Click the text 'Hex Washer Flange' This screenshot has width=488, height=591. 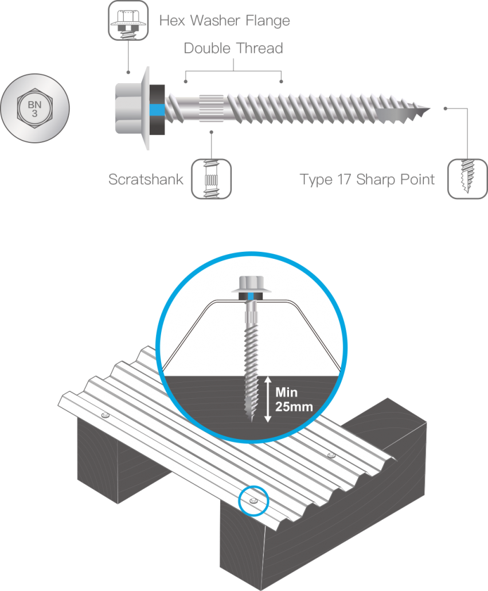[x=224, y=22]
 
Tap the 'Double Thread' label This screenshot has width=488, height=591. [x=233, y=49]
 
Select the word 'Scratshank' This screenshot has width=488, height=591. [x=146, y=180]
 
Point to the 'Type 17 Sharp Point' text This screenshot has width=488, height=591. [x=367, y=180]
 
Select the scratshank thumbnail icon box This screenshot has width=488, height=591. [x=211, y=180]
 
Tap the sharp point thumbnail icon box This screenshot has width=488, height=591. [x=467, y=180]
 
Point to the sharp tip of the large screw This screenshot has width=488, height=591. [x=429, y=109]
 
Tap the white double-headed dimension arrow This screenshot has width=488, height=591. [x=267, y=399]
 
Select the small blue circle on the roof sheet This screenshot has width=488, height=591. [x=253, y=500]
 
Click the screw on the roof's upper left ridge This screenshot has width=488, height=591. [x=104, y=414]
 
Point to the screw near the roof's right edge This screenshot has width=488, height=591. [x=331, y=456]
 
